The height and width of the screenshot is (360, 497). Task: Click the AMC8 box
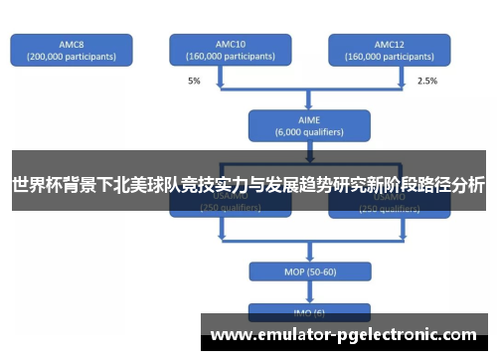pyautogui.click(x=72, y=51)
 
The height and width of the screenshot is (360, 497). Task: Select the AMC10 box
pyautogui.click(x=230, y=51)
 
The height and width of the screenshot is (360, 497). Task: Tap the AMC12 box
pyautogui.click(x=390, y=51)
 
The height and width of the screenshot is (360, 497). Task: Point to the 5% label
pyautogui.click(x=193, y=81)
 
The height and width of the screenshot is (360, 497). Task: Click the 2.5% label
pyautogui.click(x=426, y=81)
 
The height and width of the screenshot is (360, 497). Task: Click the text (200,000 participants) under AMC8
pyautogui.click(x=72, y=57)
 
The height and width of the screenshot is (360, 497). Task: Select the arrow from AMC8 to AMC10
pyautogui.click(x=149, y=51)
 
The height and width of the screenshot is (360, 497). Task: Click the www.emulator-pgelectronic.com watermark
pyautogui.click(x=343, y=334)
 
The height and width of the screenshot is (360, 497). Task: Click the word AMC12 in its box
pyautogui.click(x=390, y=44)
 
